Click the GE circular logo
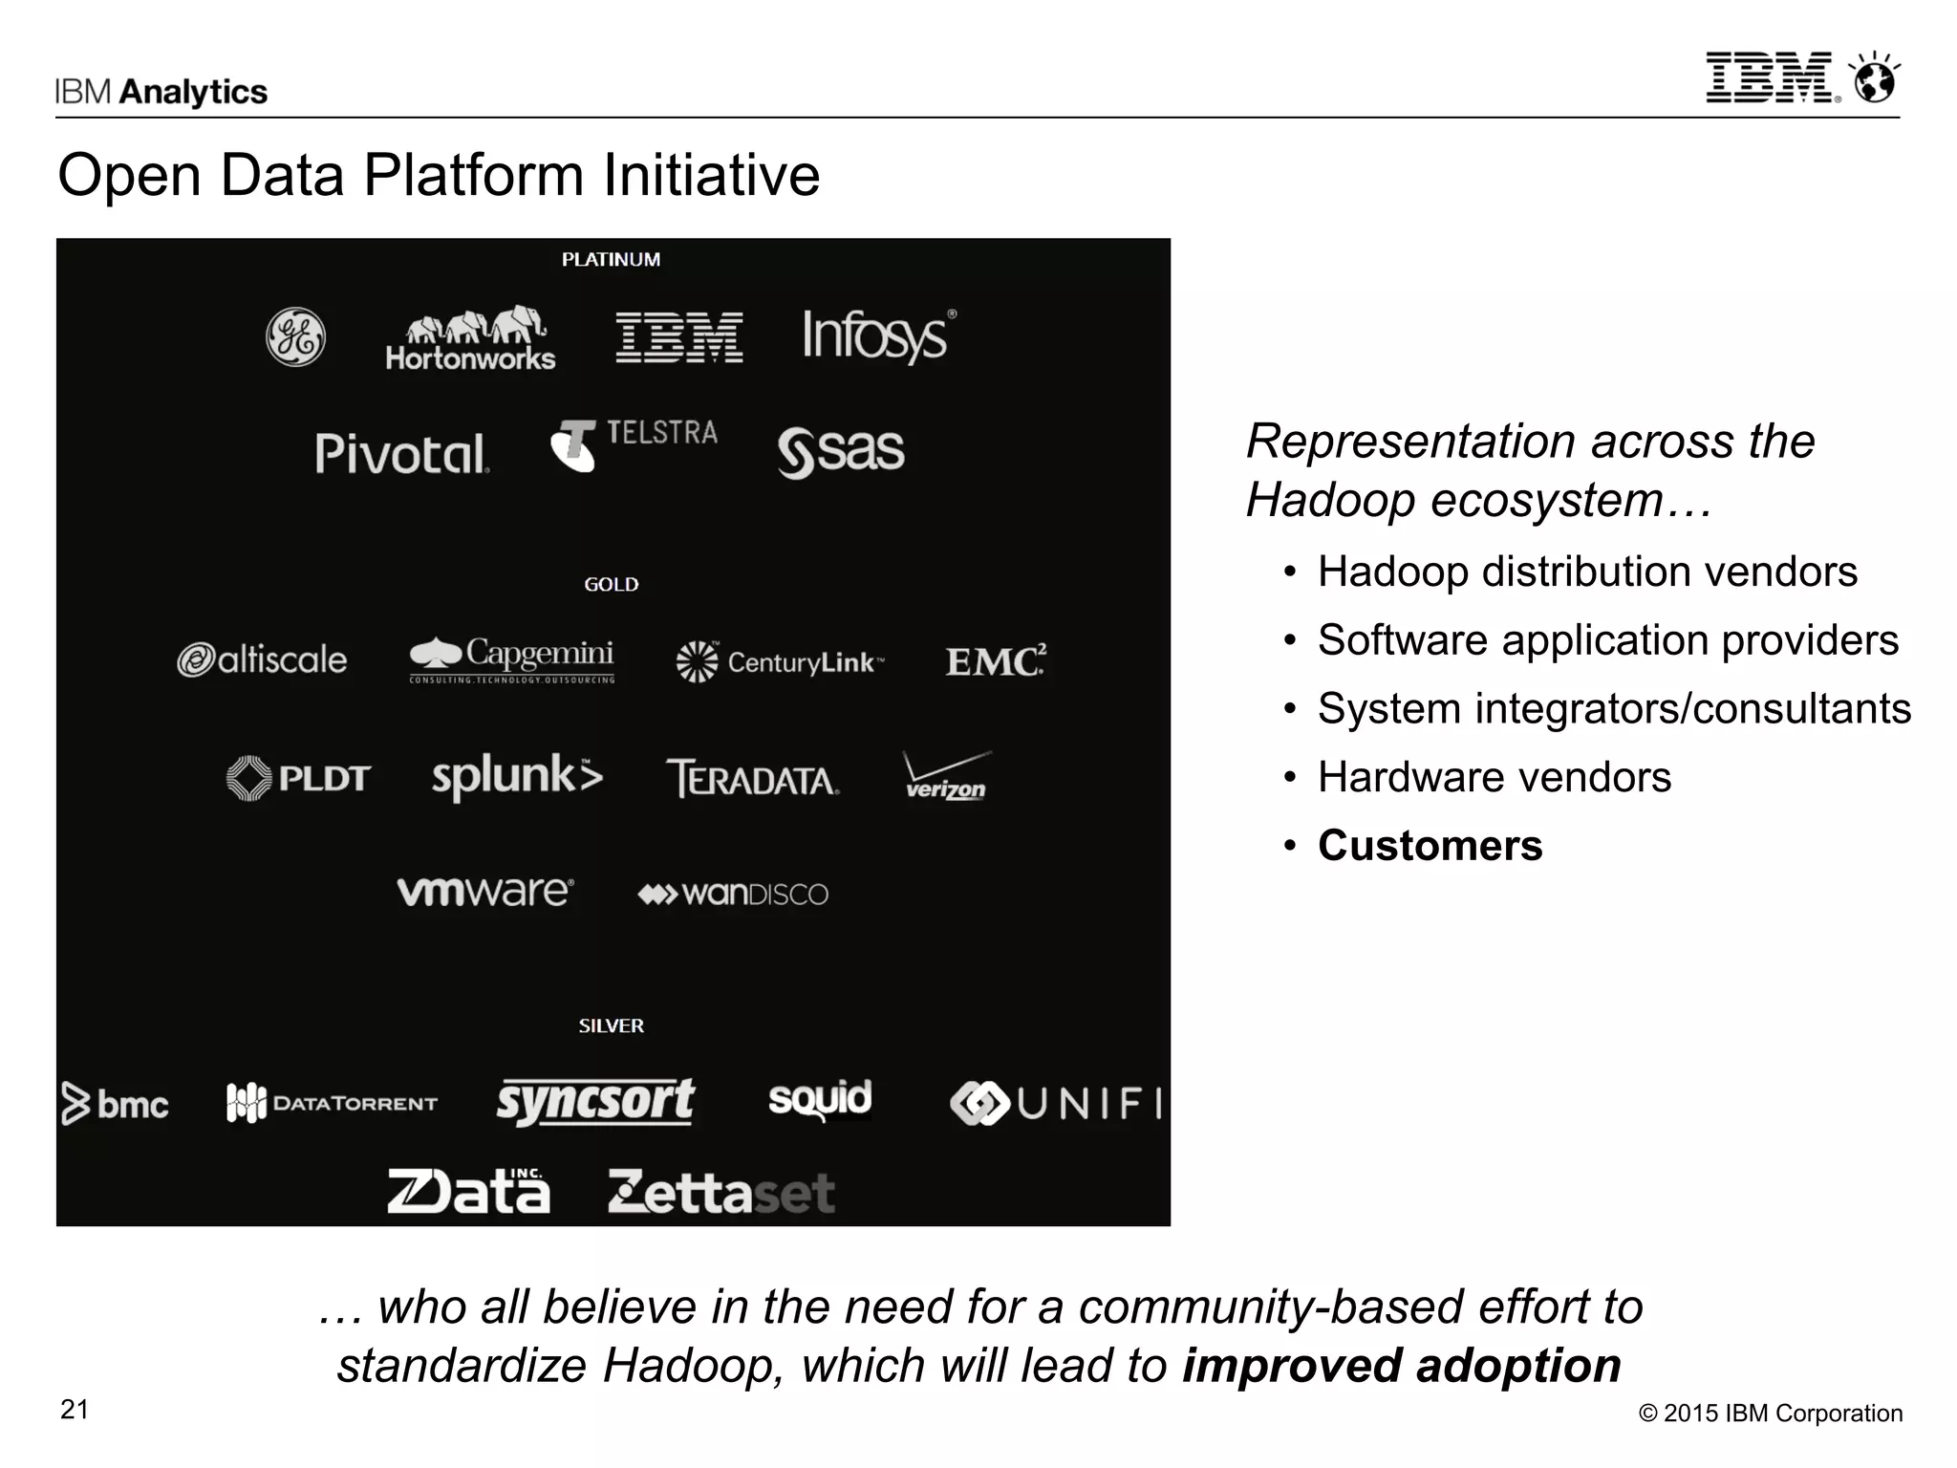point(295,337)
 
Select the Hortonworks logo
point(470,339)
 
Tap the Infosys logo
point(878,336)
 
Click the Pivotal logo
point(402,453)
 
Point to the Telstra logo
point(634,444)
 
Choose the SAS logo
point(841,451)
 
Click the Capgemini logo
point(512,659)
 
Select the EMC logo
point(996,660)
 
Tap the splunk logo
point(517,776)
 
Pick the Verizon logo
point(946,776)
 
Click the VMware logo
point(485,892)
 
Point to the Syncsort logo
point(595,1101)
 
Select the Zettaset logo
point(721,1192)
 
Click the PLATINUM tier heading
point(611,259)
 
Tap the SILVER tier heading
point(611,1025)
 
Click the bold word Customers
point(1430,846)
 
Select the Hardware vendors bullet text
point(1494,777)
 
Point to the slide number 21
point(75,1410)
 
